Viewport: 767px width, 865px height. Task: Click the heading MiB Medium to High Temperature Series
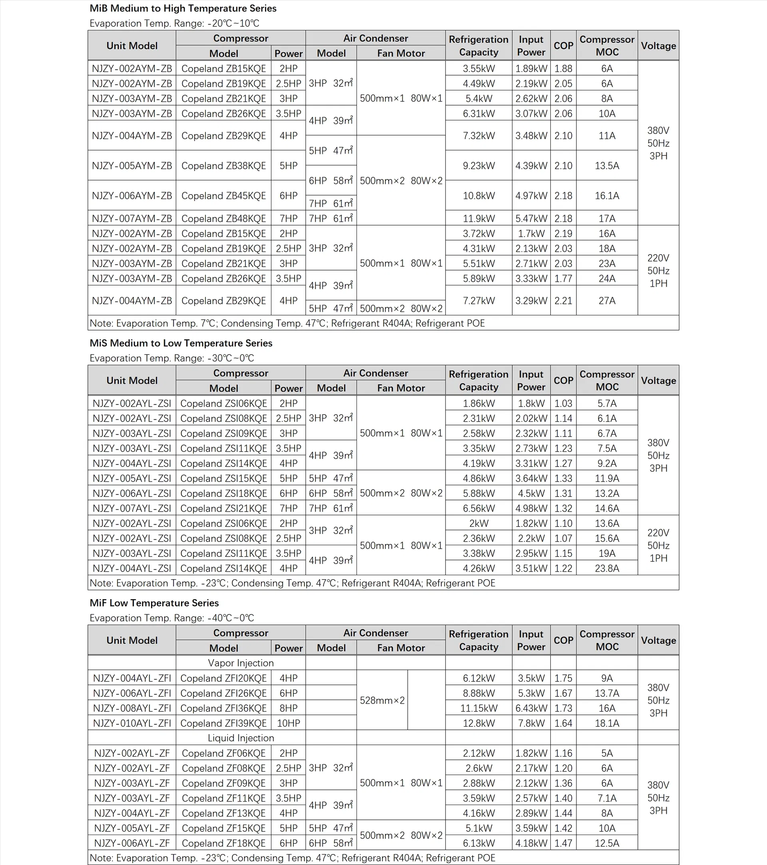point(183,8)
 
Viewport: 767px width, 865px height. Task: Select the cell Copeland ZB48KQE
point(223,218)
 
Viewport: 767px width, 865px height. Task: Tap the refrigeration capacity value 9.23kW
point(478,165)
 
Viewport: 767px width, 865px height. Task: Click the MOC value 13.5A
point(607,165)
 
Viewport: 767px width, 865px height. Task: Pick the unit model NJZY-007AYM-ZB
point(131,218)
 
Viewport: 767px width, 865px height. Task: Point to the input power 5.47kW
point(531,218)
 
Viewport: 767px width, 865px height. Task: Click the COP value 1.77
point(563,279)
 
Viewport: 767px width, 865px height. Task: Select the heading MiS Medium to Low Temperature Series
point(181,343)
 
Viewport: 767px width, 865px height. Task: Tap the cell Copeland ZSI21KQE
point(223,508)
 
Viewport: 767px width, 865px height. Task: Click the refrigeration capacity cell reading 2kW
point(478,524)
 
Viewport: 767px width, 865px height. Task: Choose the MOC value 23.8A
point(607,568)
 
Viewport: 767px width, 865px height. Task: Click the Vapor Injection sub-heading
point(240,663)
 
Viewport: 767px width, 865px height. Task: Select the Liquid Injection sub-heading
point(240,738)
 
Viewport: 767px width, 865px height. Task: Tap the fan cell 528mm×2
point(382,700)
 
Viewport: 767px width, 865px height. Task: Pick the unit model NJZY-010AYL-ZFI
point(131,723)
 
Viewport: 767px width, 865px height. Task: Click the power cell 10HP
point(288,723)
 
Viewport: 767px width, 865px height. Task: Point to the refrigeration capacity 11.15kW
point(478,708)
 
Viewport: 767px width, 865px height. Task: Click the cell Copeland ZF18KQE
point(223,843)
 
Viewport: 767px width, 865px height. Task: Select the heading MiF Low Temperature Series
point(154,603)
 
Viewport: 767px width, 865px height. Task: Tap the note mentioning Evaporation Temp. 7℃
point(287,323)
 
